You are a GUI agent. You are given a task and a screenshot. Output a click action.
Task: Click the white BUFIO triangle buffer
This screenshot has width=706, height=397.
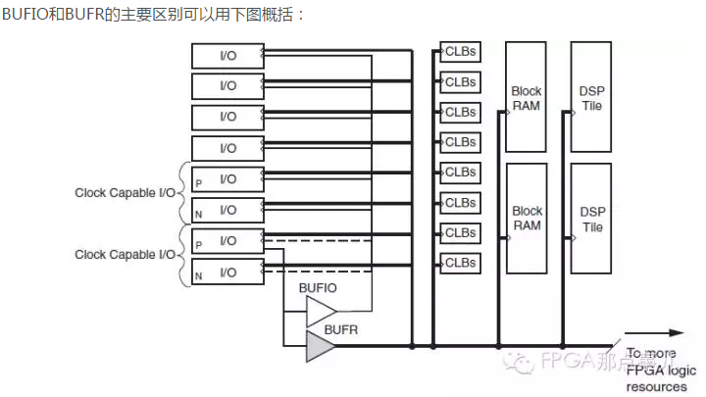pyautogui.click(x=320, y=312)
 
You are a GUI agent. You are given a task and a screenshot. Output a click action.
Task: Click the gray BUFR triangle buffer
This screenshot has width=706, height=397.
pyautogui.click(x=319, y=346)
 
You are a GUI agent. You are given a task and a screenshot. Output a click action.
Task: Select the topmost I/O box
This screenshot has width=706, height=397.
pyautogui.click(x=227, y=55)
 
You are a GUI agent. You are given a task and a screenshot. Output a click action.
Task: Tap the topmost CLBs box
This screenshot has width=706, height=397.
pyautogui.click(x=459, y=50)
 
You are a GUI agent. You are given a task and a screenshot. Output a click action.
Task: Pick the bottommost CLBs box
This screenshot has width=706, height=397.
pyautogui.click(x=459, y=263)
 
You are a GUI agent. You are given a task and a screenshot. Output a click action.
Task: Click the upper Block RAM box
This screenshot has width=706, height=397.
pyautogui.click(x=527, y=97)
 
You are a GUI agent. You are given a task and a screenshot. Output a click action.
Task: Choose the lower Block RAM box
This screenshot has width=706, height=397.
pyautogui.click(x=527, y=218)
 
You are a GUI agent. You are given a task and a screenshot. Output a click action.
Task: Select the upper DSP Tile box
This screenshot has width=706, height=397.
pyautogui.click(x=591, y=97)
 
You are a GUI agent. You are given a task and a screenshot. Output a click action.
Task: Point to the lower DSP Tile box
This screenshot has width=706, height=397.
pyautogui.click(x=591, y=218)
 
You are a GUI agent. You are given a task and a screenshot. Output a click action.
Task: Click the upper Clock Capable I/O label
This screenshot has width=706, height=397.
pyautogui.click(x=125, y=193)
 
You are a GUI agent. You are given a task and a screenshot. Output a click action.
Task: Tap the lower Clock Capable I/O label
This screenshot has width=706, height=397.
pyautogui.click(x=125, y=255)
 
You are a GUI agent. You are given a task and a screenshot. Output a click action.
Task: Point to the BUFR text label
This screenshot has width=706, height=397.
pyautogui.click(x=341, y=330)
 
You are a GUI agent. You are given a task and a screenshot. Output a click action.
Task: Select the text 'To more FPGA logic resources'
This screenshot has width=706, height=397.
pyautogui.click(x=660, y=370)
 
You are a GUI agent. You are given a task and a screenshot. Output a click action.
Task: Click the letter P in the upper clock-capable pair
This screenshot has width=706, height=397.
pyautogui.click(x=198, y=183)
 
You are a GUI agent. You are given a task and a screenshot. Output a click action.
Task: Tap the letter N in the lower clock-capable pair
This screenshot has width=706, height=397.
pyautogui.click(x=198, y=276)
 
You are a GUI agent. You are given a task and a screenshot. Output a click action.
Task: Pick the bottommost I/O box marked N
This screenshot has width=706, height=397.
pyautogui.click(x=227, y=272)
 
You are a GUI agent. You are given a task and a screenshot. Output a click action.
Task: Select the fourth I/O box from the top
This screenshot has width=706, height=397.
pyautogui.click(x=227, y=148)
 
